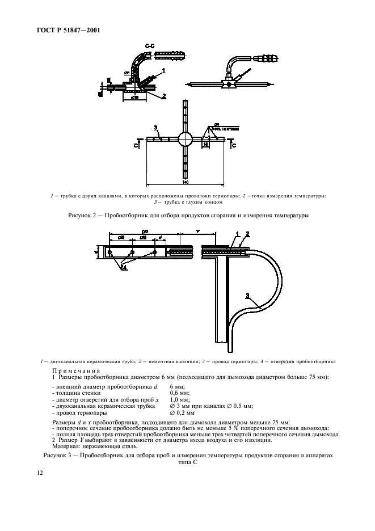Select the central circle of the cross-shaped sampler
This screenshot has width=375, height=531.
(x=186, y=139)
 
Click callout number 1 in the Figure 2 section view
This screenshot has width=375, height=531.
(x=163, y=70)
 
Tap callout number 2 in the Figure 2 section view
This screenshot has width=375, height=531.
(x=163, y=96)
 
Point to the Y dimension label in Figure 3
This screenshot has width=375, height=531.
(x=197, y=231)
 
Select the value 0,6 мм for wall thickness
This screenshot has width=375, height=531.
(x=180, y=393)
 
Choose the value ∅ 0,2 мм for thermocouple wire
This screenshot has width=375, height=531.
(x=183, y=412)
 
